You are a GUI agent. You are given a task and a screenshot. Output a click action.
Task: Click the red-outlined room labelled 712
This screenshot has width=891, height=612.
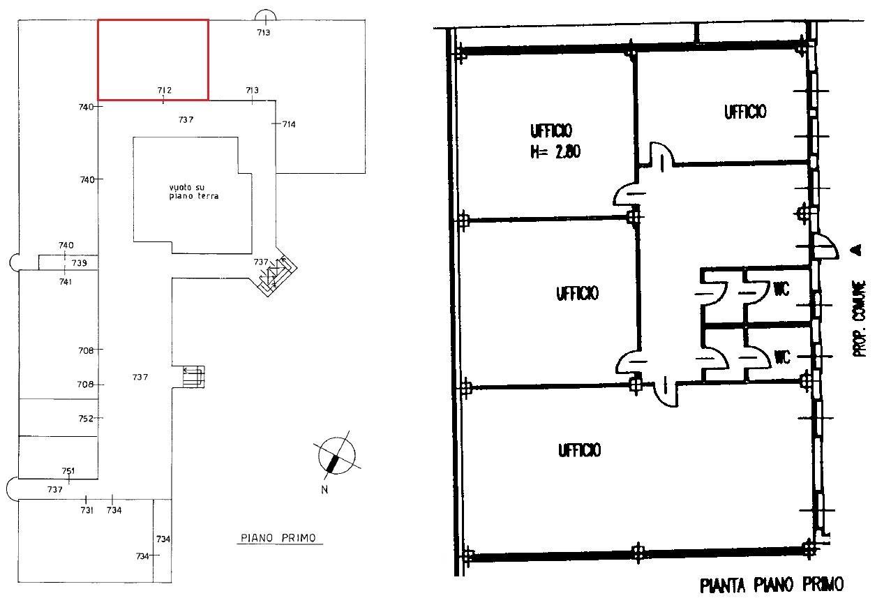tap(153, 60)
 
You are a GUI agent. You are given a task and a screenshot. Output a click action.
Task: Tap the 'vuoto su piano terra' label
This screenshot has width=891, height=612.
tap(194, 191)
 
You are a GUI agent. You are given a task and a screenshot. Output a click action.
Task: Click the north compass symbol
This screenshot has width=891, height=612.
tap(336, 456)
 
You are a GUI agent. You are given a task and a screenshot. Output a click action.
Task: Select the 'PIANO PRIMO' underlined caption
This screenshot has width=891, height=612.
tap(278, 538)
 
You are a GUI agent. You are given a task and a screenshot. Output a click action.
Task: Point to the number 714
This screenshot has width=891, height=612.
tap(289, 124)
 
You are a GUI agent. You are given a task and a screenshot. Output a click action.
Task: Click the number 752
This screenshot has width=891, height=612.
tap(86, 418)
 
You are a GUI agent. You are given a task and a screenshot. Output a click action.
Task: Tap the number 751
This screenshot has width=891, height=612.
tap(68, 471)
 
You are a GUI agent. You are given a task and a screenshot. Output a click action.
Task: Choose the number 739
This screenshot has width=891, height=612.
tap(79, 262)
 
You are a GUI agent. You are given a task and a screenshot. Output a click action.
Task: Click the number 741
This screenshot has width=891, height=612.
tap(66, 282)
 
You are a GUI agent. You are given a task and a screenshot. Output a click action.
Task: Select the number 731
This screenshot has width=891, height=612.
tap(87, 510)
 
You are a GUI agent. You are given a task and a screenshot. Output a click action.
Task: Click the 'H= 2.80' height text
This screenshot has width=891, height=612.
tap(555, 151)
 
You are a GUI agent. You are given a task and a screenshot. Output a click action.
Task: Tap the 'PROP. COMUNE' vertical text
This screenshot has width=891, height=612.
tap(859, 318)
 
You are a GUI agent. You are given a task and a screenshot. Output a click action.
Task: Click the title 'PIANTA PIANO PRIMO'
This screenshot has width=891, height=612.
tap(771, 585)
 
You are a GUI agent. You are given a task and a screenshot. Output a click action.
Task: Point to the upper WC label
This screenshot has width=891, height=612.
tap(781, 289)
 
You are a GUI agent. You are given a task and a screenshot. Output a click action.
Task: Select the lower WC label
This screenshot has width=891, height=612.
tap(782, 357)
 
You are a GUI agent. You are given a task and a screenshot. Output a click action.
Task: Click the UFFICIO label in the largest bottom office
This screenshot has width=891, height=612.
tap(580, 450)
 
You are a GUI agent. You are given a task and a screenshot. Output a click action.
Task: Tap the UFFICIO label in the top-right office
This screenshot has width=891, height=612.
tap(745, 112)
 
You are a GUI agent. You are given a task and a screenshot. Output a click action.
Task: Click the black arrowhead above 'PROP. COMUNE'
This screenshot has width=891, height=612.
tap(858, 250)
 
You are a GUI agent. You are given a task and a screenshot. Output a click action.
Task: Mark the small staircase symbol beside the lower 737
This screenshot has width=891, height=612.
tap(194, 376)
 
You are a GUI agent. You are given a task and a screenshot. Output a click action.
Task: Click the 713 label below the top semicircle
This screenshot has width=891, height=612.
tap(263, 32)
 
